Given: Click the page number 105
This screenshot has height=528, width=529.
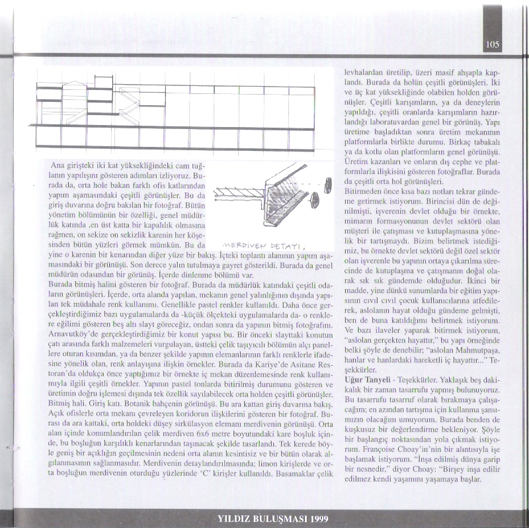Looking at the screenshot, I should (491, 45).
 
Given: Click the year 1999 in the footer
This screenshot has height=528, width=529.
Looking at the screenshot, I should (315, 517).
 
